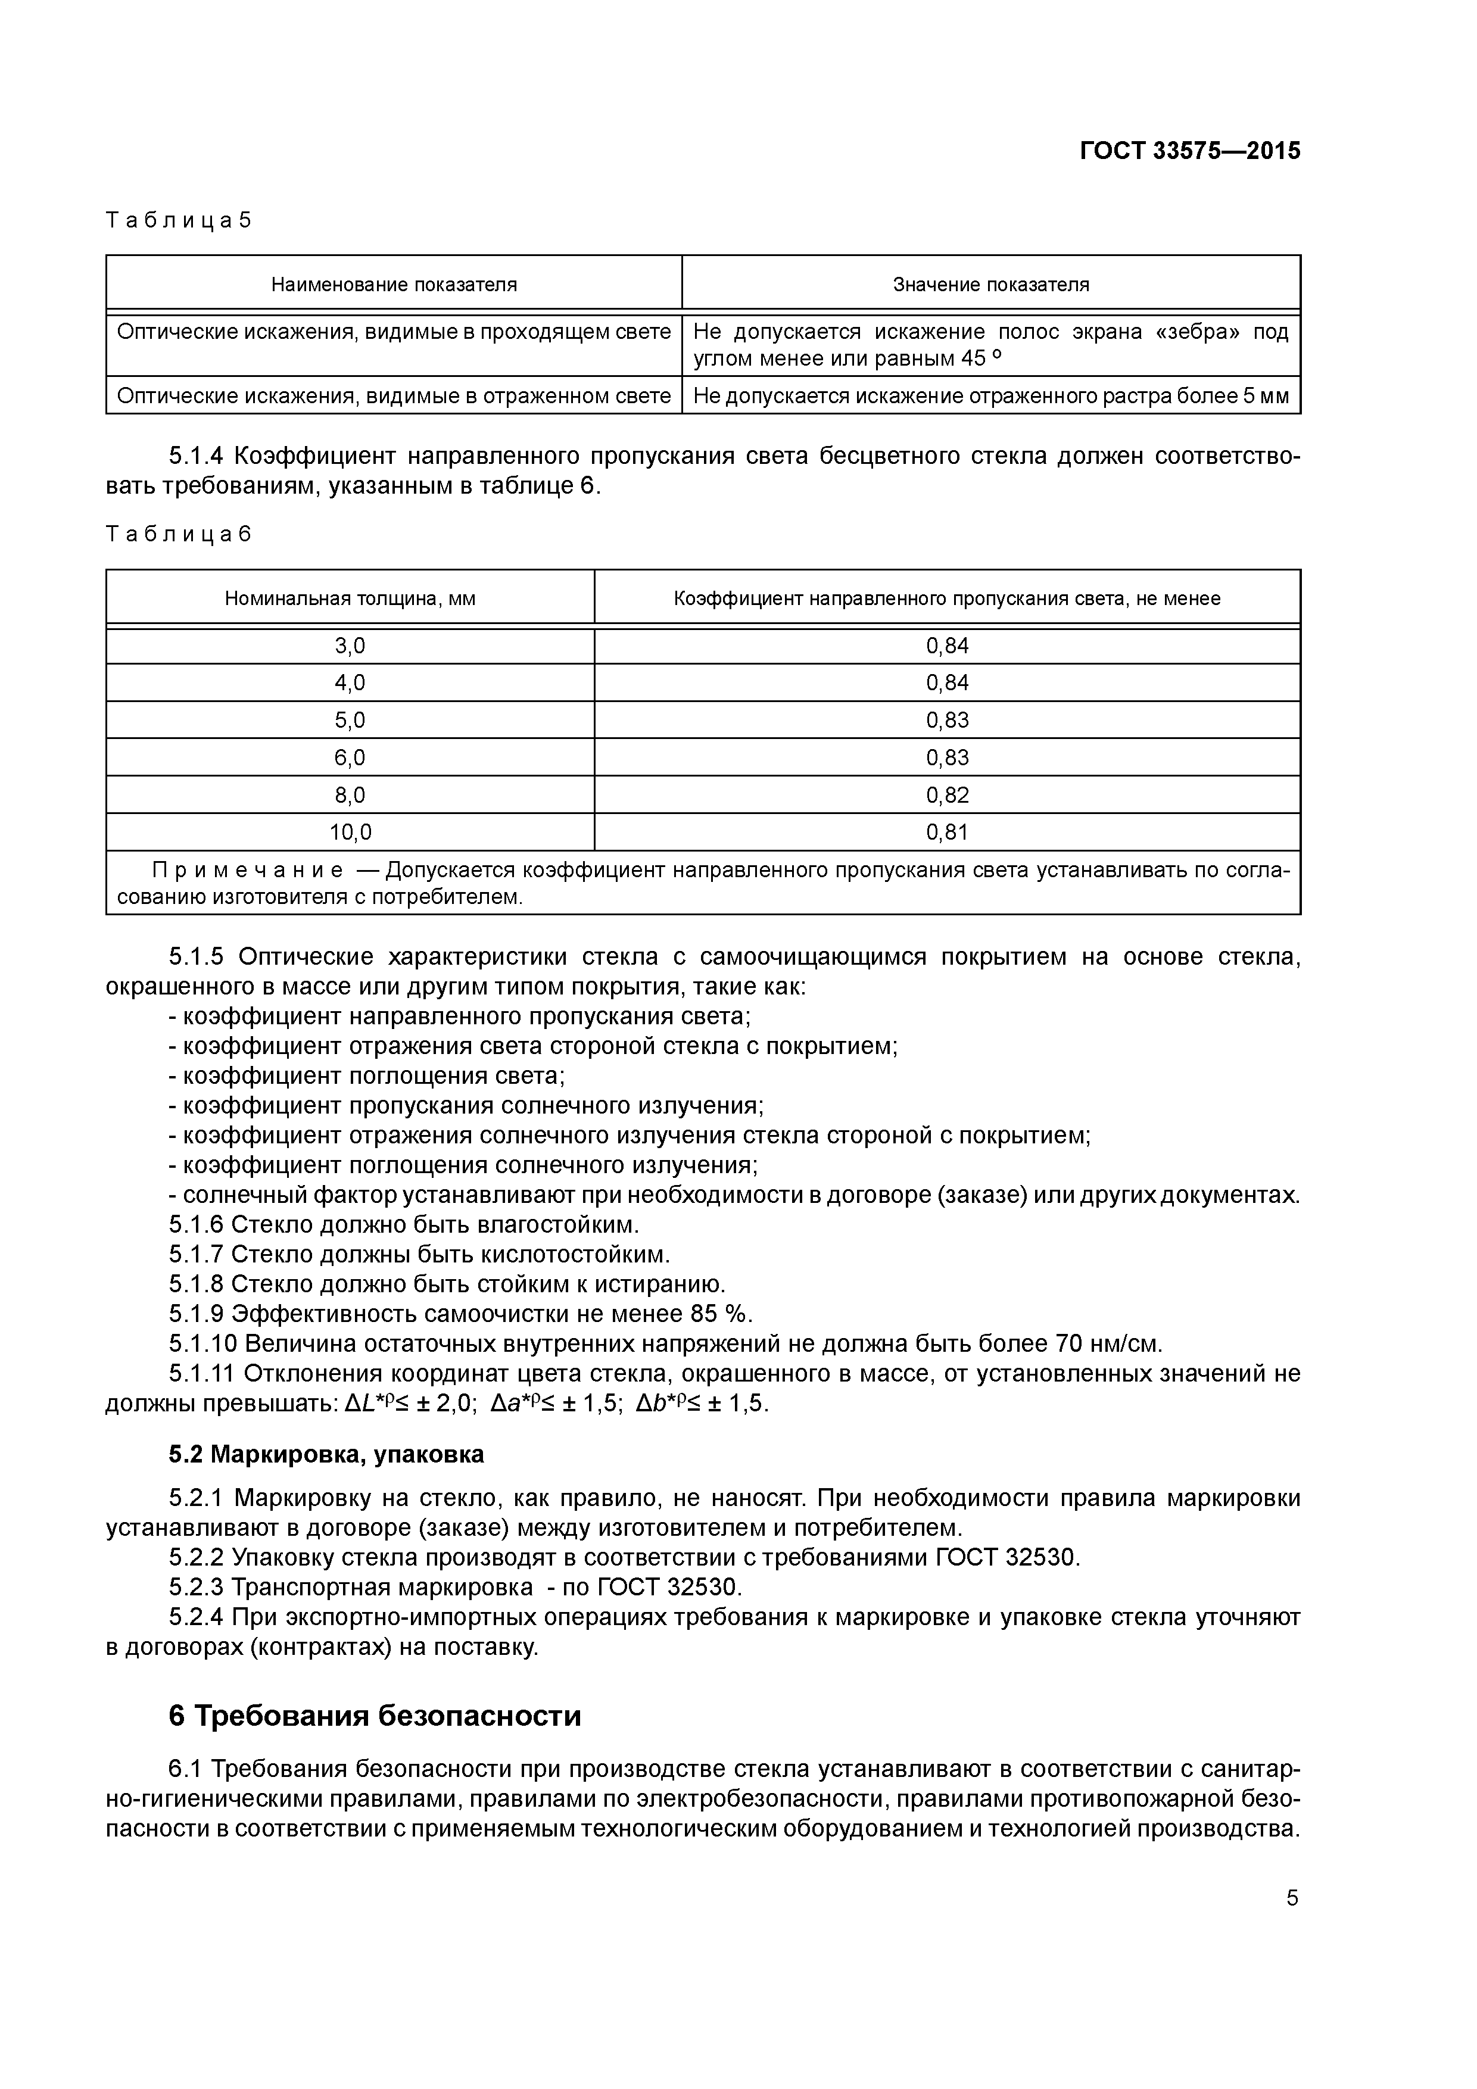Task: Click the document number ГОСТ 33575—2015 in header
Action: (1189, 151)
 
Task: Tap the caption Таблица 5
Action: (178, 220)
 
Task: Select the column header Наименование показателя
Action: (394, 285)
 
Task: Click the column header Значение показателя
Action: (991, 285)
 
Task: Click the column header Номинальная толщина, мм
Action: (350, 598)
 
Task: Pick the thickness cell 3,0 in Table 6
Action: (350, 646)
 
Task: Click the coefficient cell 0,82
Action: (948, 795)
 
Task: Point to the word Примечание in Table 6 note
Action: (248, 871)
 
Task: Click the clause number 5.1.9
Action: (196, 1314)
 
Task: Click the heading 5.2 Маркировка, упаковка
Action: (326, 1455)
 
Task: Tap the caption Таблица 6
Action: (178, 534)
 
